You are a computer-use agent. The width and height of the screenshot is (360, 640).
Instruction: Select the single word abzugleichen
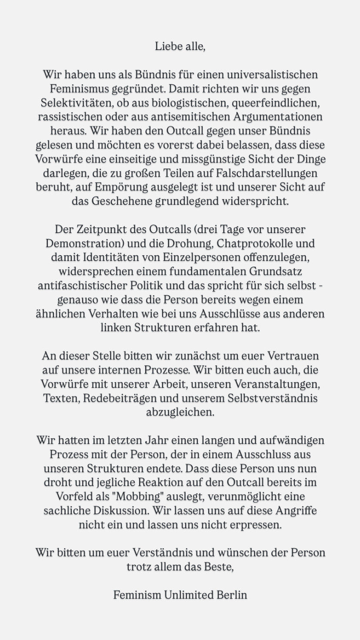[x=180, y=412]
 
